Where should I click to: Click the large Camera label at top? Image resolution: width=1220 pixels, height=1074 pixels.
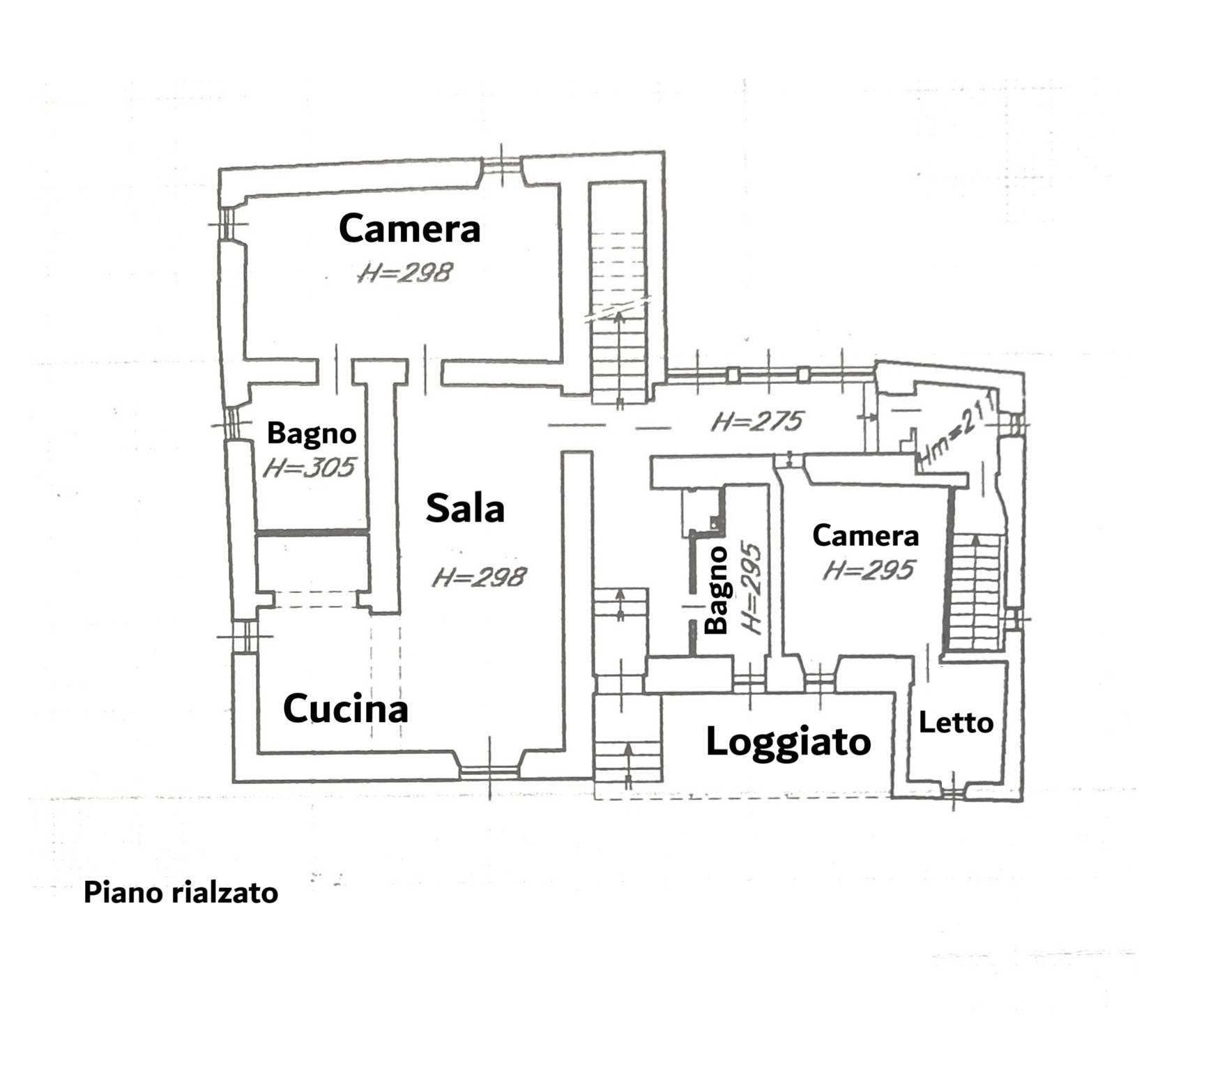(x=409, y=229)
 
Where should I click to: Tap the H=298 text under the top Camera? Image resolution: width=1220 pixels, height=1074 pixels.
(x=405, y=273)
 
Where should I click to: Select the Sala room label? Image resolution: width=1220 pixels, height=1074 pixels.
(x=465, y=508)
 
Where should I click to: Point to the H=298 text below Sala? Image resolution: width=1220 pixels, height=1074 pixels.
(x=479, y=577)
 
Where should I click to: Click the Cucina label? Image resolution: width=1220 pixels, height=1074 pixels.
(x=345, y=709)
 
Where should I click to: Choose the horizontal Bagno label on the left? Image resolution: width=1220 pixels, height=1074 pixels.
(x=312, y=434)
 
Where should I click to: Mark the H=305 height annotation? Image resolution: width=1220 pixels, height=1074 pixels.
(x=309, y=467)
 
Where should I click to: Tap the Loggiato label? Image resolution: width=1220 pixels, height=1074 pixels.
(x=788, y=742)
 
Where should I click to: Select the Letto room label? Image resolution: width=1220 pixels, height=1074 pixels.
(x=956, y=723)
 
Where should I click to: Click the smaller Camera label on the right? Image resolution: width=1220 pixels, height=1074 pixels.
(x=865, y=536)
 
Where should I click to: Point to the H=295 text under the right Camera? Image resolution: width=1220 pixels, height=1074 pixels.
(x=867, y=571)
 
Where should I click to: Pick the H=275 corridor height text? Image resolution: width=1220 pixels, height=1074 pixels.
(x=757, y=421)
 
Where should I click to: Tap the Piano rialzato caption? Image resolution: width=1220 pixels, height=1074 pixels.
(x=181, y=893)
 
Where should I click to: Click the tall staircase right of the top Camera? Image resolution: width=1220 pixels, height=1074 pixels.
(x=617, y=293)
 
